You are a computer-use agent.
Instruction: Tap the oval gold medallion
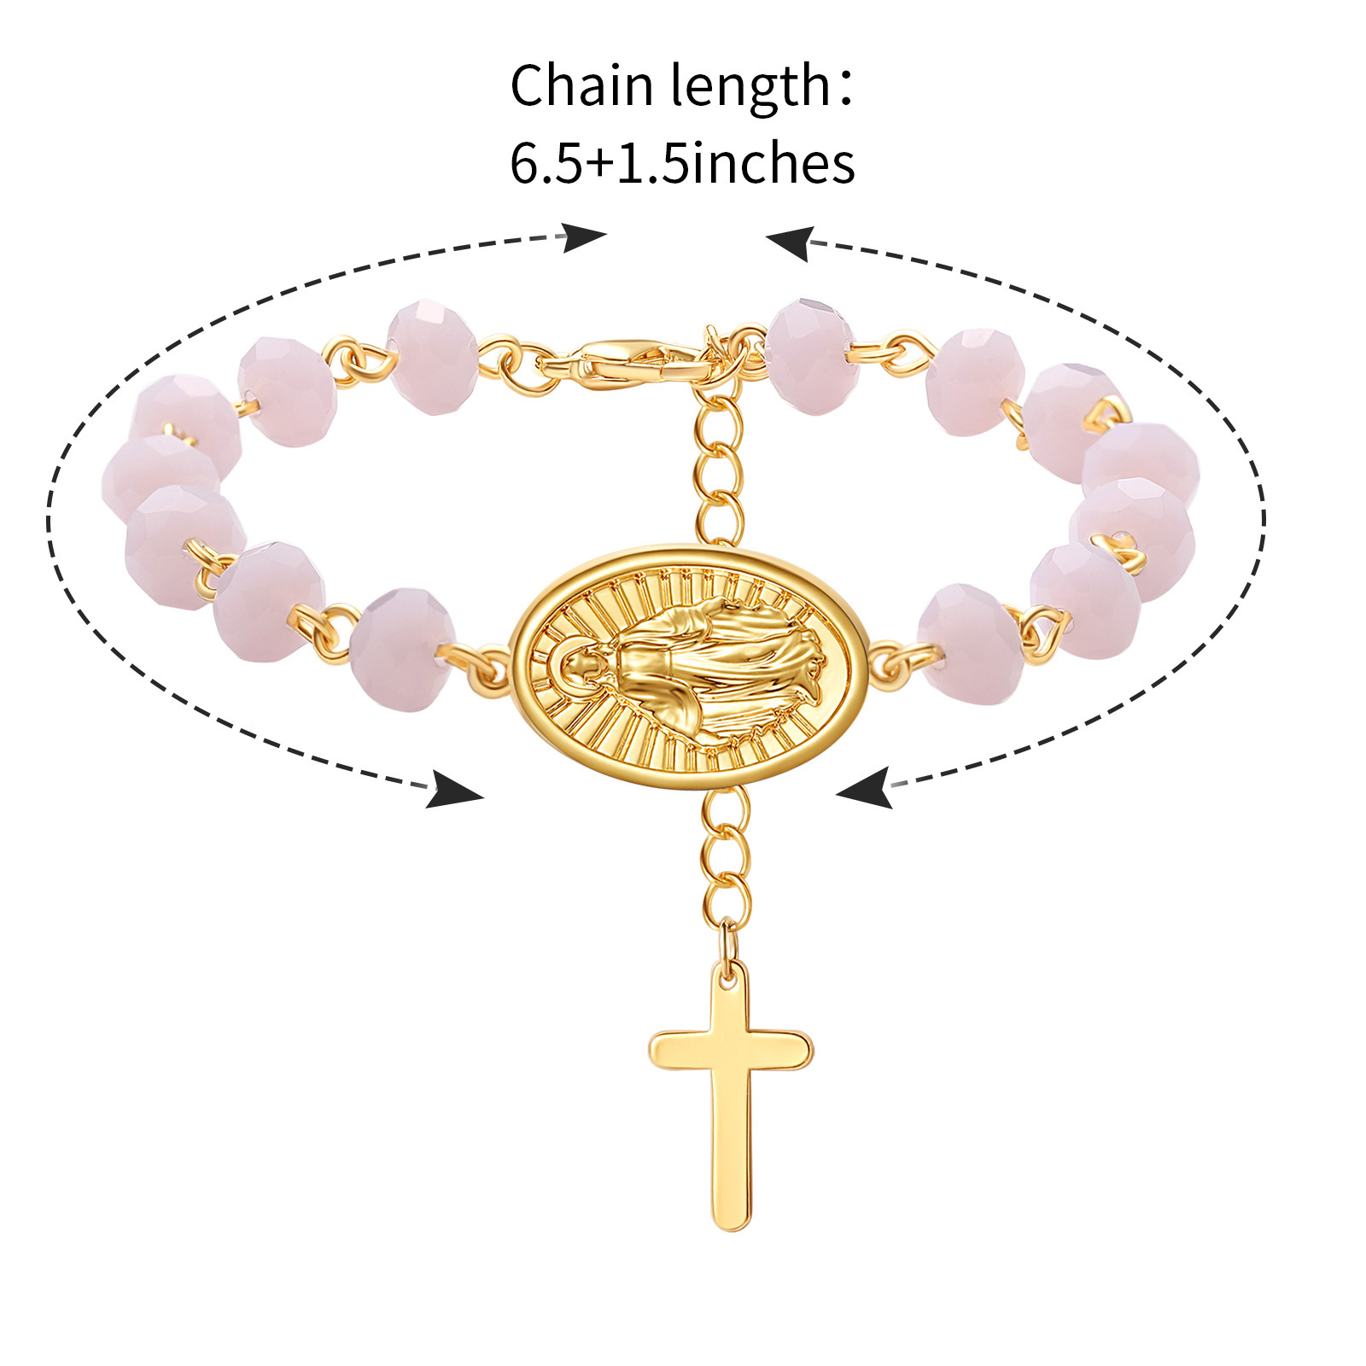pos(689,666)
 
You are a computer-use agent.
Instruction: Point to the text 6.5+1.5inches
pos(682,162)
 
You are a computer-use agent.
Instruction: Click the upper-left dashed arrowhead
pos(582,236)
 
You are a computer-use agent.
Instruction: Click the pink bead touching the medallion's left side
pos(401,649)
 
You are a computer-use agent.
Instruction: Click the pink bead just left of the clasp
pos(433,357)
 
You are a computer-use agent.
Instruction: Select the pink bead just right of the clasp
pos(809,356)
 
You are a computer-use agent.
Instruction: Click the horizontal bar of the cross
pos(731,1049)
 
